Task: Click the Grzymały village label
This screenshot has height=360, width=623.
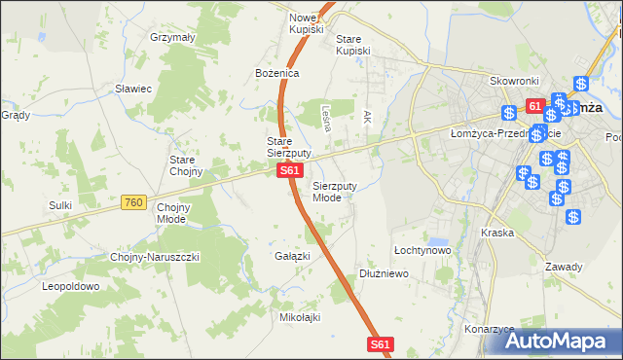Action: (173, 37)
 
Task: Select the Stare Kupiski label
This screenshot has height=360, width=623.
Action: (353, 45)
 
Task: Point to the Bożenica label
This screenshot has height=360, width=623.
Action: (277, 73)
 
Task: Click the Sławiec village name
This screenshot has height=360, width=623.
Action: (132, 89)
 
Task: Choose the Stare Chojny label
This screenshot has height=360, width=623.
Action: (185, 165)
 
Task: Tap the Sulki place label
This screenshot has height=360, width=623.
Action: (60, 205)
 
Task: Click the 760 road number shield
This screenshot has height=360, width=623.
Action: (134, 202)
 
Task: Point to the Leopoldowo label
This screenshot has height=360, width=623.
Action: (71, 287)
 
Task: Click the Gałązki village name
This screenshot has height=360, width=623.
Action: (292, 256)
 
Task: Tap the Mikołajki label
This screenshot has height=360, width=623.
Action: (300, 317)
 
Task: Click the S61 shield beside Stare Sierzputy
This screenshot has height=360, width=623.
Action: (288, 170)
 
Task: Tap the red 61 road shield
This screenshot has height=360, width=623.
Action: (534, 105)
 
